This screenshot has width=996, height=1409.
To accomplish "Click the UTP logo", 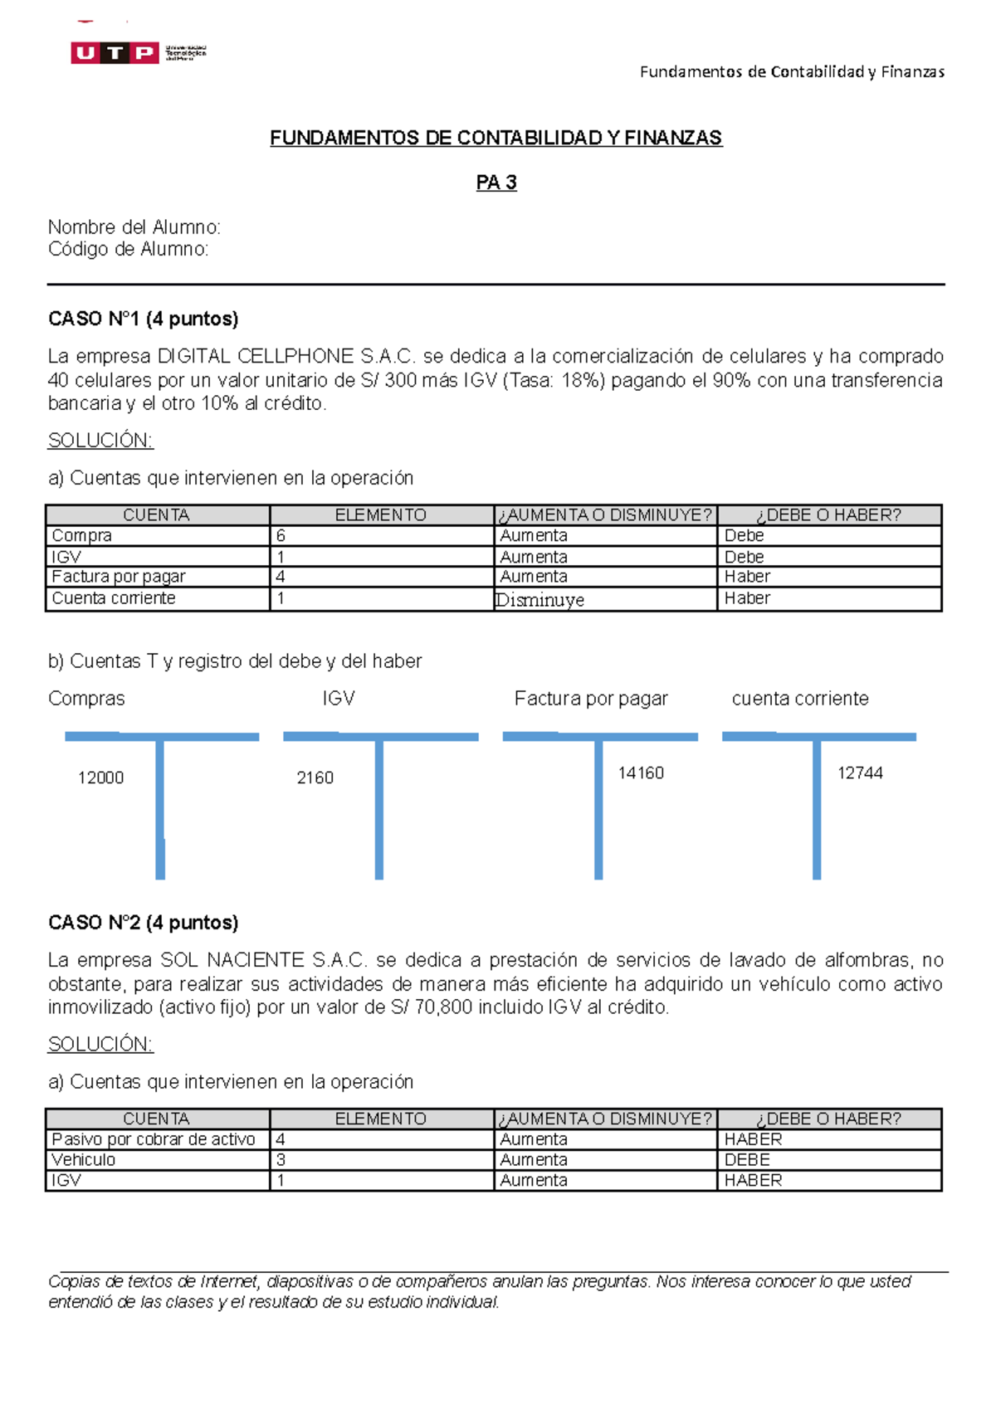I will click(137, 53).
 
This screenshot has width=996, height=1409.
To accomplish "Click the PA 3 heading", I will click(496, 183).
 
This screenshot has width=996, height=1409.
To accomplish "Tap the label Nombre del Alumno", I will click(134, 227).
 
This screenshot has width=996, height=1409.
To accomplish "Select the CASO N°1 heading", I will click(143, 319).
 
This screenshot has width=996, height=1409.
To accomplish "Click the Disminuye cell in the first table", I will click(539, 600).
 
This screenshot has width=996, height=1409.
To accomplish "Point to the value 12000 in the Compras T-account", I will click(100, 778).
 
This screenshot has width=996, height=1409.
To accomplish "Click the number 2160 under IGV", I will click(315, 778).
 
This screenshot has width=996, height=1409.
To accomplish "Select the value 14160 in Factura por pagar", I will click(641, 773).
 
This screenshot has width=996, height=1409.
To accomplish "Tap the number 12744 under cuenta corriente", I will click(860, 773).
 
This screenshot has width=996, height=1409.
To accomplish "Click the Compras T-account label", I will click(86, 699).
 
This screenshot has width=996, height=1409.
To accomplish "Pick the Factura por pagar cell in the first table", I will click(119, 577).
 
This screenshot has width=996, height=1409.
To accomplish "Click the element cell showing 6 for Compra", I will click(281, 536).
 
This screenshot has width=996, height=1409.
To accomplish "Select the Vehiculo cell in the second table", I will click(84, 1160).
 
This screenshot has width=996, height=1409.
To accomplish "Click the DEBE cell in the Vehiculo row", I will click(747, 1160).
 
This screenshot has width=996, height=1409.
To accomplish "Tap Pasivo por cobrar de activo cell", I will click(154, 1139).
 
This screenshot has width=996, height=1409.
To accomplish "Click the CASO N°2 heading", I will click(143, 923).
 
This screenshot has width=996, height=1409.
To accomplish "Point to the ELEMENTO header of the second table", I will click(381, 1119).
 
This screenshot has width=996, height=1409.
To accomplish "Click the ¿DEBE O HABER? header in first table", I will click(828, 514).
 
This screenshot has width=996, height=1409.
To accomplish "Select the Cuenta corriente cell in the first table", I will click(114, 598).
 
